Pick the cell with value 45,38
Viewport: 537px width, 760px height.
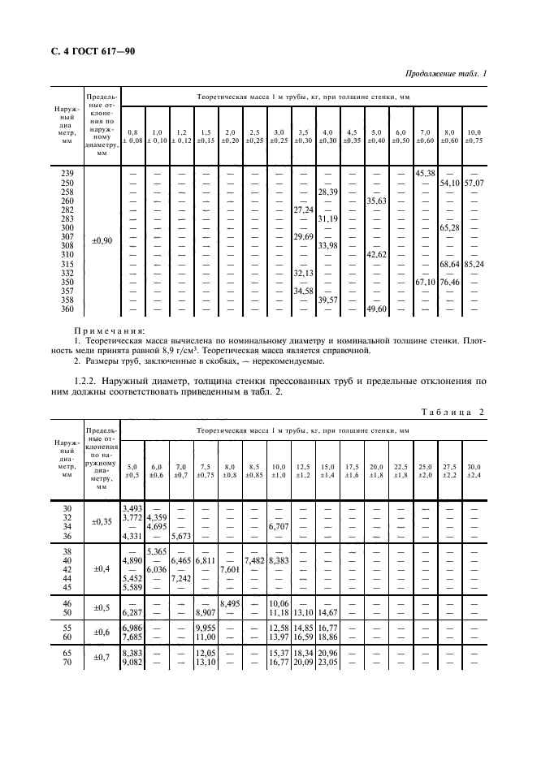426,173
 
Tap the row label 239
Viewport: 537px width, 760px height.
68,173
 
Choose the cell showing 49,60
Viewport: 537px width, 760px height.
376,309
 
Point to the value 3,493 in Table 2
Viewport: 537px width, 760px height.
132,508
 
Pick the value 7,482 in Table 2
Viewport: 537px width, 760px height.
254,560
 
